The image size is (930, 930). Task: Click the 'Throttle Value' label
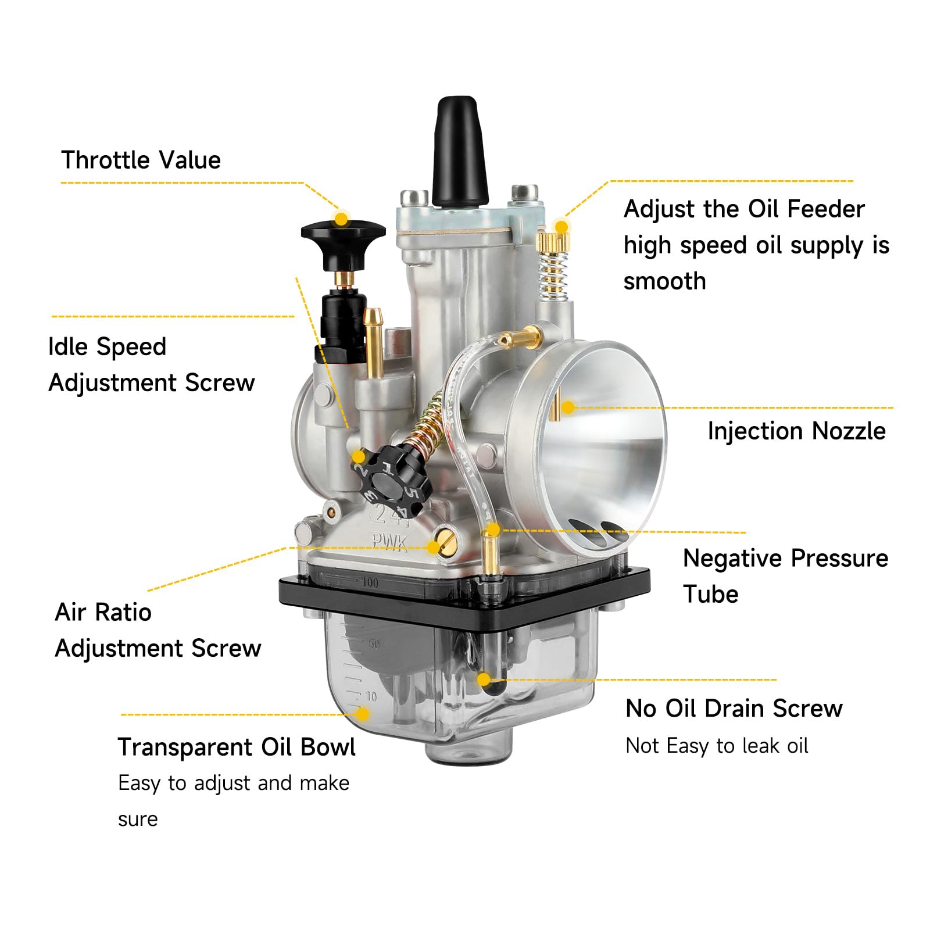141,160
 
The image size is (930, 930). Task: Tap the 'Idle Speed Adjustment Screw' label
151,364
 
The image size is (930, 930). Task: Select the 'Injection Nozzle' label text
796,431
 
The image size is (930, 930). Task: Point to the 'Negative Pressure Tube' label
785,576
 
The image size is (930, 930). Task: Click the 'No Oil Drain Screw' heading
734,709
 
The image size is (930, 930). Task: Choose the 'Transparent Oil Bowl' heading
237,747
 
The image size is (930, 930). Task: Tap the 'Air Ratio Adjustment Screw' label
158,630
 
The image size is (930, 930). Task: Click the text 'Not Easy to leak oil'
717,746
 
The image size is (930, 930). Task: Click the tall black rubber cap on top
459,152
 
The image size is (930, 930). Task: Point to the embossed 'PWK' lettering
390,541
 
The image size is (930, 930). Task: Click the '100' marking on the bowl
370,582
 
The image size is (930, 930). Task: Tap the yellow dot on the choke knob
342,219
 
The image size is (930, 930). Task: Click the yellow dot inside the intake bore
568,407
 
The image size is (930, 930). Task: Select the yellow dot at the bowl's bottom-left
362,713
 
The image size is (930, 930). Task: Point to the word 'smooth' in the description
665,281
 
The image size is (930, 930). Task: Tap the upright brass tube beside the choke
373,343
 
